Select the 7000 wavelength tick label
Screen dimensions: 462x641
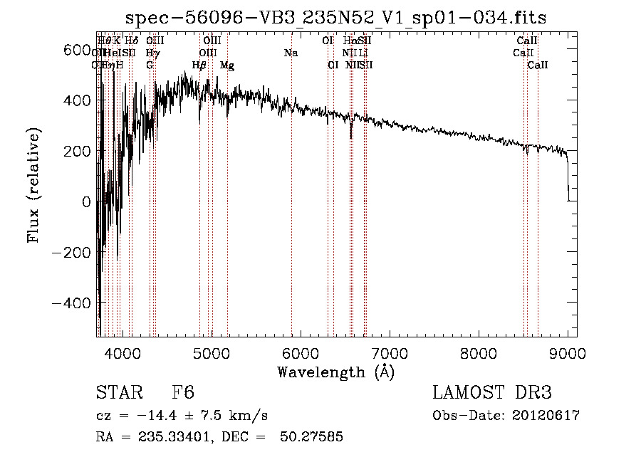(389, 354)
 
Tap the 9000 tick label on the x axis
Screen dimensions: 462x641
(568, 354)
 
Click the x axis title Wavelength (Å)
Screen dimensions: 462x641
(335, 372)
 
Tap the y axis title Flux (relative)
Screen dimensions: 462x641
(33, 184)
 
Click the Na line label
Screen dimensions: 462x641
(291, 53)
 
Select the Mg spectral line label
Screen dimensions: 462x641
(227, 65)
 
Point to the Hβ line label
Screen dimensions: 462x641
(199, 65)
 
